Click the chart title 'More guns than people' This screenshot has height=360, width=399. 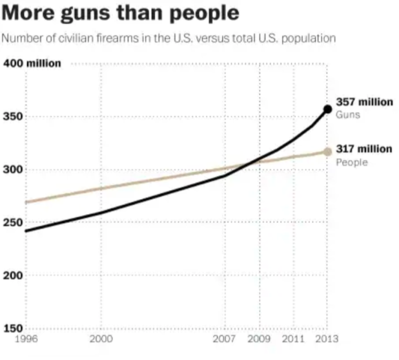121,14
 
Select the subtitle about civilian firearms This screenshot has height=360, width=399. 169,38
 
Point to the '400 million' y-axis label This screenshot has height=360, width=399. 32,63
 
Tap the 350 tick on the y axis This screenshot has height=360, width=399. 13,116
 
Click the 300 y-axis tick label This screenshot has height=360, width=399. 13,169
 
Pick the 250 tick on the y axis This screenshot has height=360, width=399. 13,222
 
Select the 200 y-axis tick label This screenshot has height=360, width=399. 13,275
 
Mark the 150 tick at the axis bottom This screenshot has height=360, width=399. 13,328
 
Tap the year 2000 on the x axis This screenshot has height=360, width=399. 101,339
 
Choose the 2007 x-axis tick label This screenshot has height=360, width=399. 225,339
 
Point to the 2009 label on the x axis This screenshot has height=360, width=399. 260,339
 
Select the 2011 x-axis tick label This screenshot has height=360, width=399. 294,339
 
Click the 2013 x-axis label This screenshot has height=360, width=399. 327,339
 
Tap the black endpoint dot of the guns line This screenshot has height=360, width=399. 327,109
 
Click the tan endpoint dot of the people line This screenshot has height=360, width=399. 327,152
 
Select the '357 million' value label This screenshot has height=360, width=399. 364,102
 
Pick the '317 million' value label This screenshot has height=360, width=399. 364,149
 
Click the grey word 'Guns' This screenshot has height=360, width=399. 347,114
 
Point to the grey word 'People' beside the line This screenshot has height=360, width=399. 352,162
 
